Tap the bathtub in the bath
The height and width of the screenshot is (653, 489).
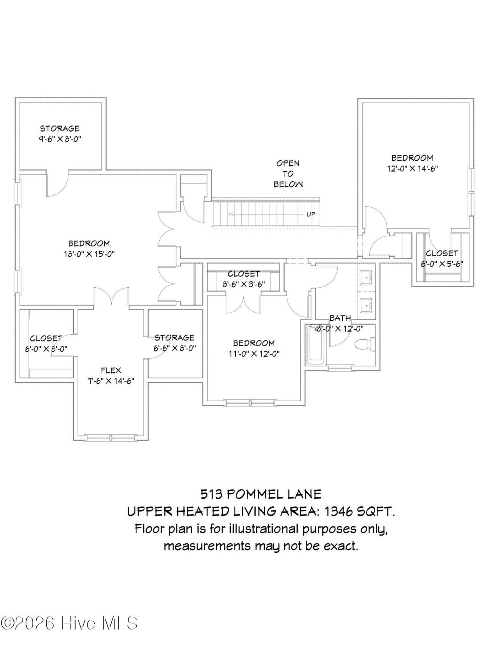click(x=316, y=344)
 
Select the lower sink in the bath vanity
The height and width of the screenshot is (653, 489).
click(x=367, y=305)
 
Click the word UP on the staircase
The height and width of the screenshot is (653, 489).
click(x=311, y=214)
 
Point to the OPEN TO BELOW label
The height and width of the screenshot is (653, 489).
click(x=288, y=174)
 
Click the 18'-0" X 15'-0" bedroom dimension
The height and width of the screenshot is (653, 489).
click(x=89, y=254)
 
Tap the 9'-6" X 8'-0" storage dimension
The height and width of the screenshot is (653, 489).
click(x=60, y=139)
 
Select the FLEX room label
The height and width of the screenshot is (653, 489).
click(x=111, y=370)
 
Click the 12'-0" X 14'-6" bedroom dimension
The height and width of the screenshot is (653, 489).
click(x=412, y=168)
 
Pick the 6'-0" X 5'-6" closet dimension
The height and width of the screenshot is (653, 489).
click(x=442, y=264)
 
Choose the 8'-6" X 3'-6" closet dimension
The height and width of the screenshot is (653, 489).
click(x=244, y=285)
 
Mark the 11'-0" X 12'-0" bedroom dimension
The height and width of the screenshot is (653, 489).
click(x=254, y=354)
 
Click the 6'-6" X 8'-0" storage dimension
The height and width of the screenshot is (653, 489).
click(x=175, y=348)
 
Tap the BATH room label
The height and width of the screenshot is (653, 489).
click(x=340, y=318)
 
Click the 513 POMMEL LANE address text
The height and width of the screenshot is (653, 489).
click(x=261, y=494)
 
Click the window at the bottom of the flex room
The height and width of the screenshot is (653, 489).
click(x=110, y=438)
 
